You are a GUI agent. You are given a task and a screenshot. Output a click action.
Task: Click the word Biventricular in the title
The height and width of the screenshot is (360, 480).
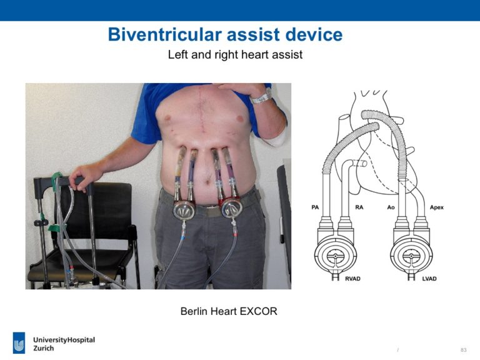coord(164,34)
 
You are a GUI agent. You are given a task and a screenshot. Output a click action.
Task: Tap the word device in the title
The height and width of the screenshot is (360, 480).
coord(314,34)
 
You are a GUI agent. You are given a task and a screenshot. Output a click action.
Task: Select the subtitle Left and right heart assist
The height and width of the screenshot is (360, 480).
coord(235,55)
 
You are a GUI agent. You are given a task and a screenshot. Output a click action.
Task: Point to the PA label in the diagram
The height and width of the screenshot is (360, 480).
coord(315,207)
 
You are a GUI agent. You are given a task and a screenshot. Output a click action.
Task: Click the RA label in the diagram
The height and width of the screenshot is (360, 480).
coord(359,207)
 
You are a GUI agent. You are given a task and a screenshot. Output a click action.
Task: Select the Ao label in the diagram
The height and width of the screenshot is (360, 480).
coord(391,207)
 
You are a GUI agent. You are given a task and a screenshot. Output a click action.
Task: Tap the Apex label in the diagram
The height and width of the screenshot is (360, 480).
coord(436,207)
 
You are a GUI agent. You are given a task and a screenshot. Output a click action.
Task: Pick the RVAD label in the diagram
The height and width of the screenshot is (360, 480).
coord(352,279)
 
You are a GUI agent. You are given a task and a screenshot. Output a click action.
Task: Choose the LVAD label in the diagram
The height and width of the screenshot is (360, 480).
coord(429,279)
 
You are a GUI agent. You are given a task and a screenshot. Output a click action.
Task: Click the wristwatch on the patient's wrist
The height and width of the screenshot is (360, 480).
coord(261,97)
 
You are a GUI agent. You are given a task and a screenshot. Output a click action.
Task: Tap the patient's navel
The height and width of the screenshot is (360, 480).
coord(208,182)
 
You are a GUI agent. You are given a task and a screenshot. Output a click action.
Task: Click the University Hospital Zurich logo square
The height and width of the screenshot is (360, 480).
coord(19,342)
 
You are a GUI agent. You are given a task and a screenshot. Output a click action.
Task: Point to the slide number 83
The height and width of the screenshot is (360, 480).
coord(464,349)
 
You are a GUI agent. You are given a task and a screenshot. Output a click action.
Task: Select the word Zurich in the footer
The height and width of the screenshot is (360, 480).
coord(44,348)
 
